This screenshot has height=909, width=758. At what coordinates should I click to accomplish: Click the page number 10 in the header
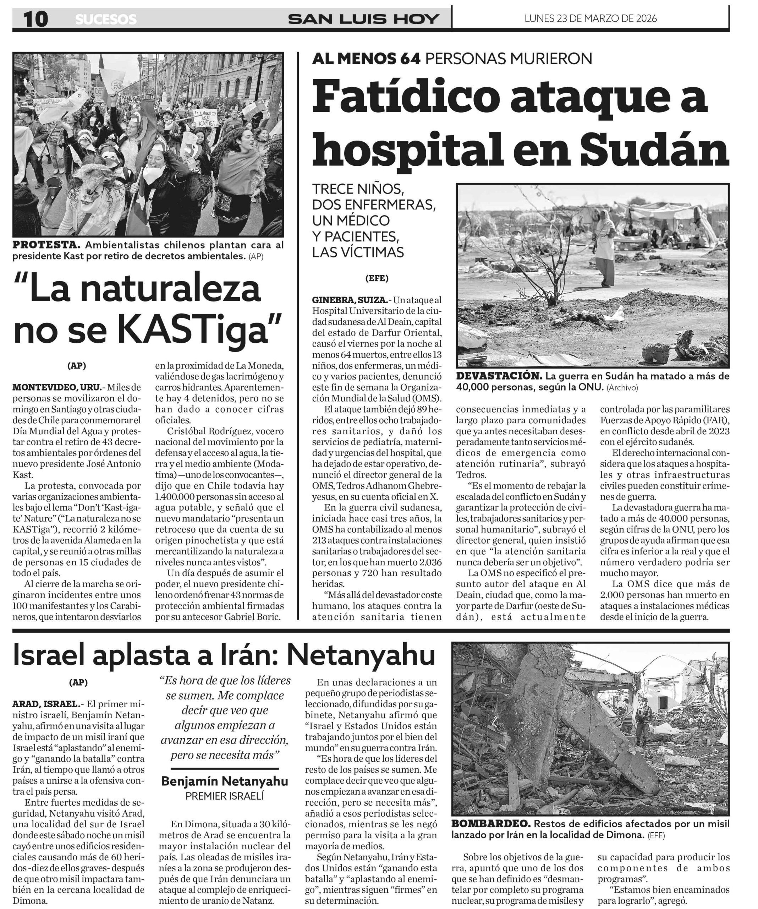(x=35, y=19)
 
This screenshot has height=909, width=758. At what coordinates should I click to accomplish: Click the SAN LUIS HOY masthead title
(x=363, y=19)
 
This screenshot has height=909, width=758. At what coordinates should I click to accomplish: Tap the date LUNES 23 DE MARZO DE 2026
(x=590, y=18)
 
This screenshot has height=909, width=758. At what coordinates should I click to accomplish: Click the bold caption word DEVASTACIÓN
(x=499, y=376)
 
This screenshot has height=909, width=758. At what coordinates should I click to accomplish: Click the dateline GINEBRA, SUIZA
(x=350, y=300)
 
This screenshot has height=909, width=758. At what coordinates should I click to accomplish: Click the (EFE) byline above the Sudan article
(x=377, y=278)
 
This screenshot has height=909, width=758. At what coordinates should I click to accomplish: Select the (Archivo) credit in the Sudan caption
(x=622, y=387)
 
